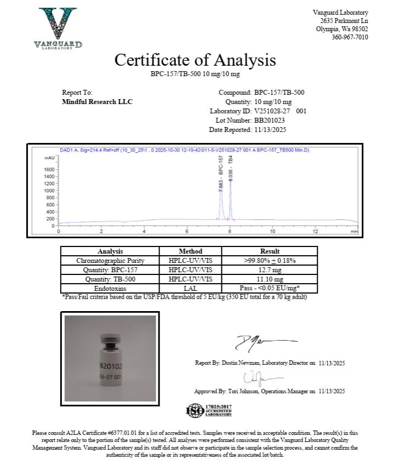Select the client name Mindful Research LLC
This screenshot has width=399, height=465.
[x=98, y=102]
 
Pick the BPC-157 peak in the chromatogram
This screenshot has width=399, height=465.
[x=221, y=192]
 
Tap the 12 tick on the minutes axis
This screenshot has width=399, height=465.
[x=315, y=231]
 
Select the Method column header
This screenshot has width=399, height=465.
[x=190, y=251]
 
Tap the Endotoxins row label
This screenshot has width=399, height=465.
[x=110, y=288]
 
